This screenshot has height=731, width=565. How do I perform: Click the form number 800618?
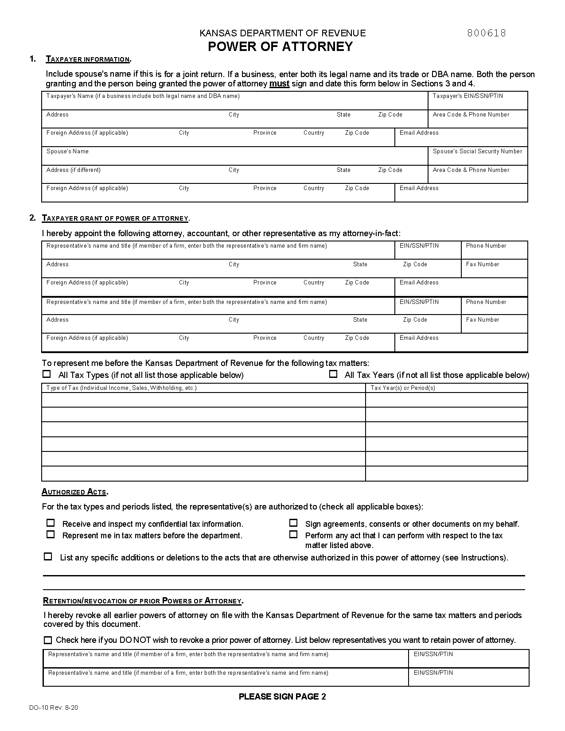[x=486, y=33]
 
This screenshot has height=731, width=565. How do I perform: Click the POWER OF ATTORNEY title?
[x=280, y=47]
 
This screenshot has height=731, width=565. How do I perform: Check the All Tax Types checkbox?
[x=47, y=374]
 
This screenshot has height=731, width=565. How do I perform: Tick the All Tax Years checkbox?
[x=333, y=374]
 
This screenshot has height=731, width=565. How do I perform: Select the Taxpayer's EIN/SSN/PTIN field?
[x=478, y=103]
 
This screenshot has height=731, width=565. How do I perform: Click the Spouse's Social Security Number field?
[x=478, y=159]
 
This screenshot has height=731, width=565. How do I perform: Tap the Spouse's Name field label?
[x=67, y=152]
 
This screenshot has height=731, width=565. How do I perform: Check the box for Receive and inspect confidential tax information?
[x=51, y=523]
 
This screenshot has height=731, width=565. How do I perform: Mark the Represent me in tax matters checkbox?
[x=51, y=534]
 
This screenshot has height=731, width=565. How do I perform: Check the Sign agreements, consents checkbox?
[x=293, y=523]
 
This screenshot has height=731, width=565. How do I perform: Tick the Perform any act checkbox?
[x=293, y=534]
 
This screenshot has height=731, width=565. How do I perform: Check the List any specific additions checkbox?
[x=48, y=556]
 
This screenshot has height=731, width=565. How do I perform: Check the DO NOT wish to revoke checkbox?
[x=48, y=640]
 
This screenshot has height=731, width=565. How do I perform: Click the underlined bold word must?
[x=279, y=84]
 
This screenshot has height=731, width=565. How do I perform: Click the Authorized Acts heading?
[x=74, y=492]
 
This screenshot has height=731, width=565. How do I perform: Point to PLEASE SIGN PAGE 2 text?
[x=282, y=696]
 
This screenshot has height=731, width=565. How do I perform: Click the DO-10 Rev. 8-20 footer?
[x=54, y=708]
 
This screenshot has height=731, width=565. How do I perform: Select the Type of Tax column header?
[x=121, y=388]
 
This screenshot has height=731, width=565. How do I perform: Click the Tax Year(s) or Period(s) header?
[x=403, y=388]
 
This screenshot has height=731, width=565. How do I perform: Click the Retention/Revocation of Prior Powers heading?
[x=143, y=601]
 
